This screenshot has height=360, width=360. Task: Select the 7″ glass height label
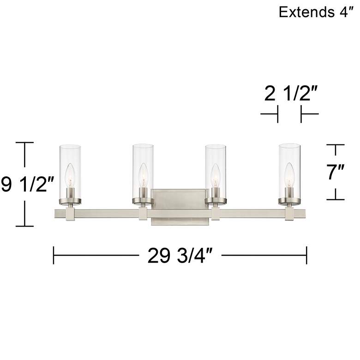click(336, 172)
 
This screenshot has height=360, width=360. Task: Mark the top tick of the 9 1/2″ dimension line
click(25, 143)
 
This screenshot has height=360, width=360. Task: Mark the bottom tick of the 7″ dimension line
click(336, 199)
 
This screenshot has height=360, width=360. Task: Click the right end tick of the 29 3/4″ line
click(306, 255)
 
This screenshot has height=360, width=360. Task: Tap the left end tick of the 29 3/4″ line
click(54, 255)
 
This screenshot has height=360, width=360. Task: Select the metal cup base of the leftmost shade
click(70, 200)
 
